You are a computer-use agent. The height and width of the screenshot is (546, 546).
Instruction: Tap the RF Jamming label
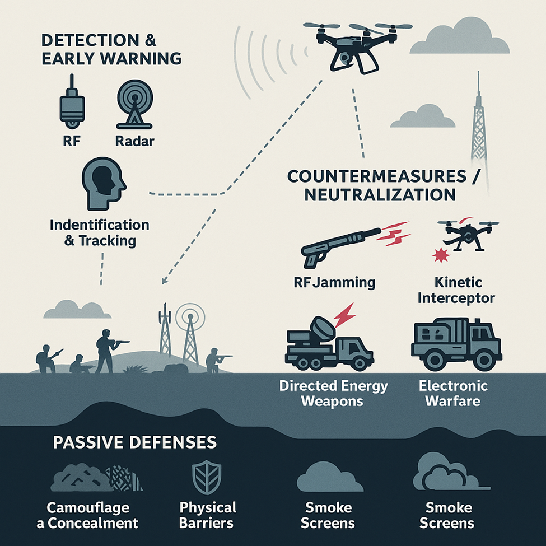click(334, 282)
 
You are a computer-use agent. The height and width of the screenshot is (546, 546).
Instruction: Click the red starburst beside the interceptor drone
click(437, 256)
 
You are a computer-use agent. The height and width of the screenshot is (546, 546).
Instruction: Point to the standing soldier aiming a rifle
click(106, 350)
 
